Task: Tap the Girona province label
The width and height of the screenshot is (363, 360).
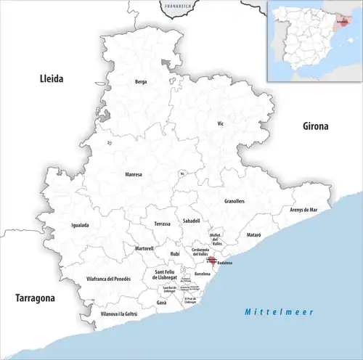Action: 316,126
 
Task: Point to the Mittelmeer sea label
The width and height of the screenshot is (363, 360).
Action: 278,311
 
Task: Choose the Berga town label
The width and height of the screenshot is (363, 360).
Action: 141,82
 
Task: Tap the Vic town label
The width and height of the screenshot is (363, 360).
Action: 221,124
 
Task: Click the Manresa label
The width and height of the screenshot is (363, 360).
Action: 134,174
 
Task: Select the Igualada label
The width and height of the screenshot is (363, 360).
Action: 80,225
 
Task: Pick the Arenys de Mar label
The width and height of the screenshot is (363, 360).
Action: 304,209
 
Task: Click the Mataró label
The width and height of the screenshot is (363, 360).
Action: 253,236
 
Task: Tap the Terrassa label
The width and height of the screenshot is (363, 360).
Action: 163,224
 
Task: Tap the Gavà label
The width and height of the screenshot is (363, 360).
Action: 162,303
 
